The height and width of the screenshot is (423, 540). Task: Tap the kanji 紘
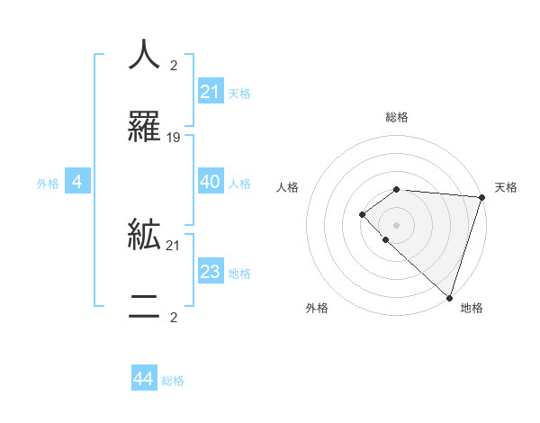point(144,235)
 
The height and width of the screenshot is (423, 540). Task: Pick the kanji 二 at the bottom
point(144,307)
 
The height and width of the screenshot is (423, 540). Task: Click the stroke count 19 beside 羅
point(174,138)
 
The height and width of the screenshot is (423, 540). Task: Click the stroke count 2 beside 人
point(174,66)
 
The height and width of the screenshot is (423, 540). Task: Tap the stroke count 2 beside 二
point(174,318)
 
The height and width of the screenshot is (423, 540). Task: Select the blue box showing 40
point(210,182)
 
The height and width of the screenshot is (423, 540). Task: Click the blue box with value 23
point(210,272)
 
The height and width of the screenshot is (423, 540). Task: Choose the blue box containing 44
point(143,380)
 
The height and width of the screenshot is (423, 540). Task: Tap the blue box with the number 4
point(77,183)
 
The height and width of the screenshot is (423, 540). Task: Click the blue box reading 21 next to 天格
point(210,92)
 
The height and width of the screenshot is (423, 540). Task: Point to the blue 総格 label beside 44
point(173,381)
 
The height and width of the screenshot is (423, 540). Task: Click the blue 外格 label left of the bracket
point(48,184)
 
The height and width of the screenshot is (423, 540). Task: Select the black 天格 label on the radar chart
point(506,187)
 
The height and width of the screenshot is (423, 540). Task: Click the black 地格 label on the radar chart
point(472,308)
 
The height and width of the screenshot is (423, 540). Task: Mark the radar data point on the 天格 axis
point(481,197)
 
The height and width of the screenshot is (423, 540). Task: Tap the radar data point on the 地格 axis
point(449,297)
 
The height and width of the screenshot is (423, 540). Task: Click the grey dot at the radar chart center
point(396,224)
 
